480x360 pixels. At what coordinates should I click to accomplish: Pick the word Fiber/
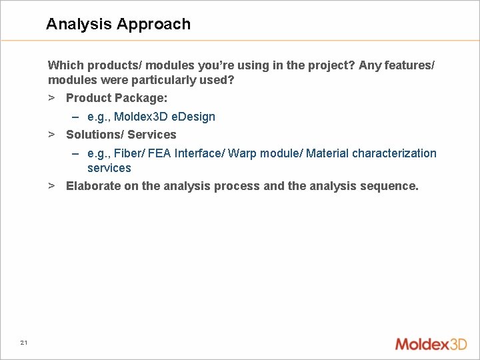[130, 153]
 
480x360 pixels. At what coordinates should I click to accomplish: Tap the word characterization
[394, 153]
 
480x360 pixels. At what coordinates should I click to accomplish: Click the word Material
[327, 153]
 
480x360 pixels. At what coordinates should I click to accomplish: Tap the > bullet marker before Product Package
[51, 98]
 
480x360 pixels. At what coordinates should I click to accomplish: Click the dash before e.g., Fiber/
[77, 153]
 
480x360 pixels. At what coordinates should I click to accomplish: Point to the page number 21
[24, 343]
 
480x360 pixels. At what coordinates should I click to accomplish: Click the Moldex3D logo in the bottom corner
[431, 344]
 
